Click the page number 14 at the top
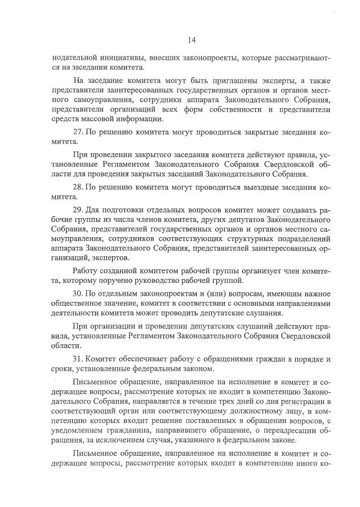click(x=191, y=39)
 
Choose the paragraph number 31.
click(x=79, y=358)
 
